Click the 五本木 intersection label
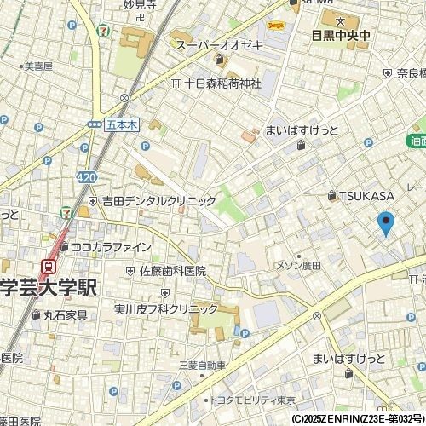click(122, 124)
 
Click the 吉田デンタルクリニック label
click(159, 201)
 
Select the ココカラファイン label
click(111, 247)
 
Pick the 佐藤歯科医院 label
click(173, 271)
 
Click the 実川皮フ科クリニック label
click(166, 308)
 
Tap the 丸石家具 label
click(66, 315)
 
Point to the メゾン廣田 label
click(297, 266)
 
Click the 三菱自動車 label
click(202, 366)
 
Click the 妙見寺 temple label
click(140, 4)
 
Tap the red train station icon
click(50, 266)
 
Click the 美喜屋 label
click(37, 66)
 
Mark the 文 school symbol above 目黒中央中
click(340, 21)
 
